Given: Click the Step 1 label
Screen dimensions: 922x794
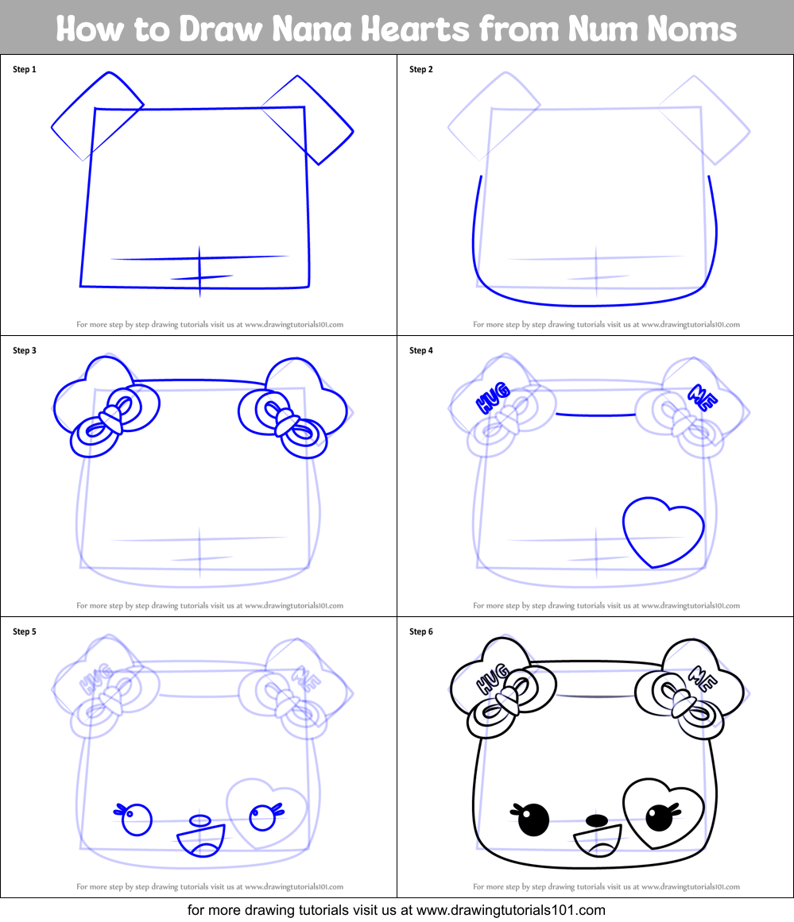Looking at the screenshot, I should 25,70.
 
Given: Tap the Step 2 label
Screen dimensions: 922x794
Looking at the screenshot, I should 421,70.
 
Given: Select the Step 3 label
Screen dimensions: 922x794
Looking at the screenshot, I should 25,351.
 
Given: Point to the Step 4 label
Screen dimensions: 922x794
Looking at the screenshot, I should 421,351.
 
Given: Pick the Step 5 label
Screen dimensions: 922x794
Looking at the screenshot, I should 25,632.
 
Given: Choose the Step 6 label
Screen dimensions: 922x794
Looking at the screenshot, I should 421,632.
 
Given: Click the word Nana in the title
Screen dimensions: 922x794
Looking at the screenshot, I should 327,29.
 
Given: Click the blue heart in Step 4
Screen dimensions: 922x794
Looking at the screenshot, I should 663,530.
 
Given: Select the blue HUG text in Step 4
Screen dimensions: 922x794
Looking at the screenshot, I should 492,400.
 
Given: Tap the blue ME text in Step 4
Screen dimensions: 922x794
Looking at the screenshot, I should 703,395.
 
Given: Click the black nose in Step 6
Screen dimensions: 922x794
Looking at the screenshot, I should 597,819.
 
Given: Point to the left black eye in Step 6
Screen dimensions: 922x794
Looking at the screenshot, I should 533,820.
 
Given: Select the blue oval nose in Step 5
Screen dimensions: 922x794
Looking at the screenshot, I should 200,820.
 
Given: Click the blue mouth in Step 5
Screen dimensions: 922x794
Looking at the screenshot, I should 201,840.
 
